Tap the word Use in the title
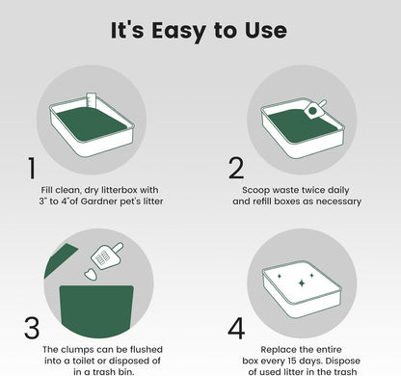click(266, 30)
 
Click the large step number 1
click(32, 168)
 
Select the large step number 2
click(236, 168)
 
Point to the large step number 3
click(32, 328)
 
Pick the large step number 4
click(236, 328)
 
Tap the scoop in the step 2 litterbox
click(314, 109)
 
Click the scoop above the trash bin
click(107, 255)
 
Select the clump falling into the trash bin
click(91, 275)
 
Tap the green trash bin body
click(96, 310)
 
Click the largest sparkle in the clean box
click(302, 282)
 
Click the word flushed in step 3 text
click(147, 349)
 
